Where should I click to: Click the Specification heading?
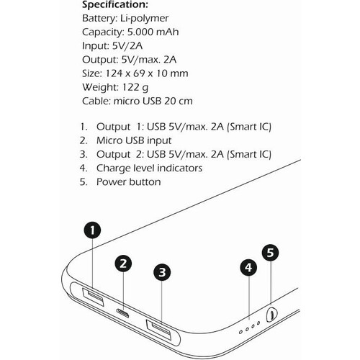[x=115, y=5]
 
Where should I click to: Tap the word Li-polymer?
[x=144, y=19]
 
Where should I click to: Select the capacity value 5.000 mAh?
[x=153, y=32]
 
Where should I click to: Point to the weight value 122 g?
[x=135, y=87]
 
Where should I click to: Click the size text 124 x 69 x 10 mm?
[x=147, y=73]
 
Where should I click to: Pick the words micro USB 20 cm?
[x=153, y=101]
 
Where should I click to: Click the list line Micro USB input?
[x=134, y=141]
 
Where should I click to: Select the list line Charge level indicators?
[x=149, y=168]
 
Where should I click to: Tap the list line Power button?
[x=128, y=182]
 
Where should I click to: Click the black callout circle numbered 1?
[x=92, y=230]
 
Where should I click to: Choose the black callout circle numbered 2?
[x=123, y=264]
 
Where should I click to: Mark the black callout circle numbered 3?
[x=162, y=272]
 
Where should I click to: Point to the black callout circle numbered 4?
[x=248, y=268]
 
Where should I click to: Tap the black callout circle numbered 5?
[x=270, y=253]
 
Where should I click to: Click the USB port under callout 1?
[x=93, y=297]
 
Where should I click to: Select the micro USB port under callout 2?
[x=122, y=313]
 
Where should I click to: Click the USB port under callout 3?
[x=159, y=330]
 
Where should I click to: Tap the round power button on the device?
[x=271, y=314]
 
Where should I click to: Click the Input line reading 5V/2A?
[x=112, y=46]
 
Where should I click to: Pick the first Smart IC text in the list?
[x=249, y=127]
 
